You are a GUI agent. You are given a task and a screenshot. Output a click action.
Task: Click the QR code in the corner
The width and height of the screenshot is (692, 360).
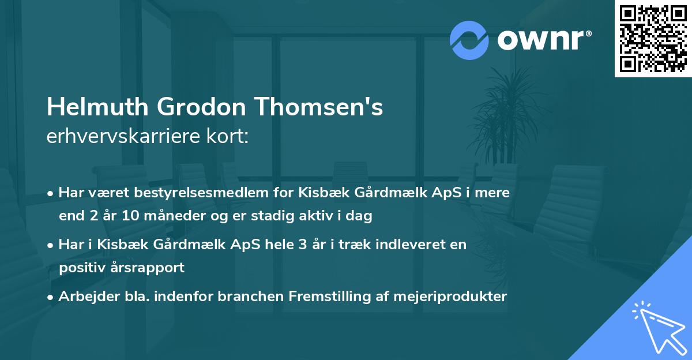tap(653, 39)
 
